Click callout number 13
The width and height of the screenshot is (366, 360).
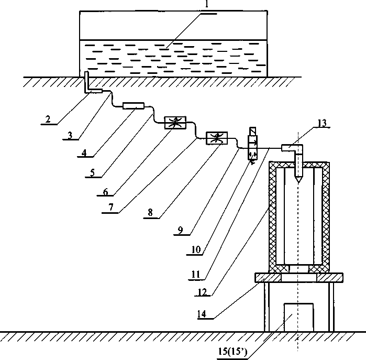(321, 124)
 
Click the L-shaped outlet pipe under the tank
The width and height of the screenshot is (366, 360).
(90, 86)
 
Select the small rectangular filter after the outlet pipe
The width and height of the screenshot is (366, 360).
(133, 106)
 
